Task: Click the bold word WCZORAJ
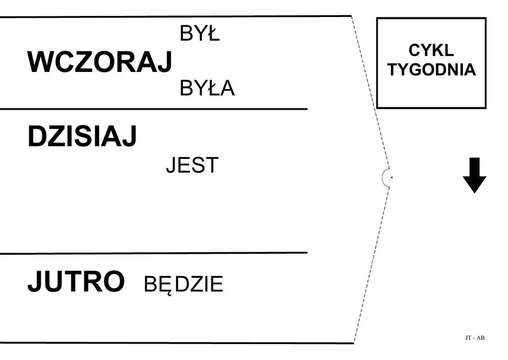100,63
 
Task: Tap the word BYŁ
199,34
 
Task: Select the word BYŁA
207,89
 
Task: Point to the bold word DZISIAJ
82,137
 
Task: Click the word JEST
192,166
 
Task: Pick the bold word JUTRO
76,282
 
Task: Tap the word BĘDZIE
184,285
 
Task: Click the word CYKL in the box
431,51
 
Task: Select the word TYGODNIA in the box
432,70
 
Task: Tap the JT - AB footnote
475,338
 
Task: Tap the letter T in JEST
212,166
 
